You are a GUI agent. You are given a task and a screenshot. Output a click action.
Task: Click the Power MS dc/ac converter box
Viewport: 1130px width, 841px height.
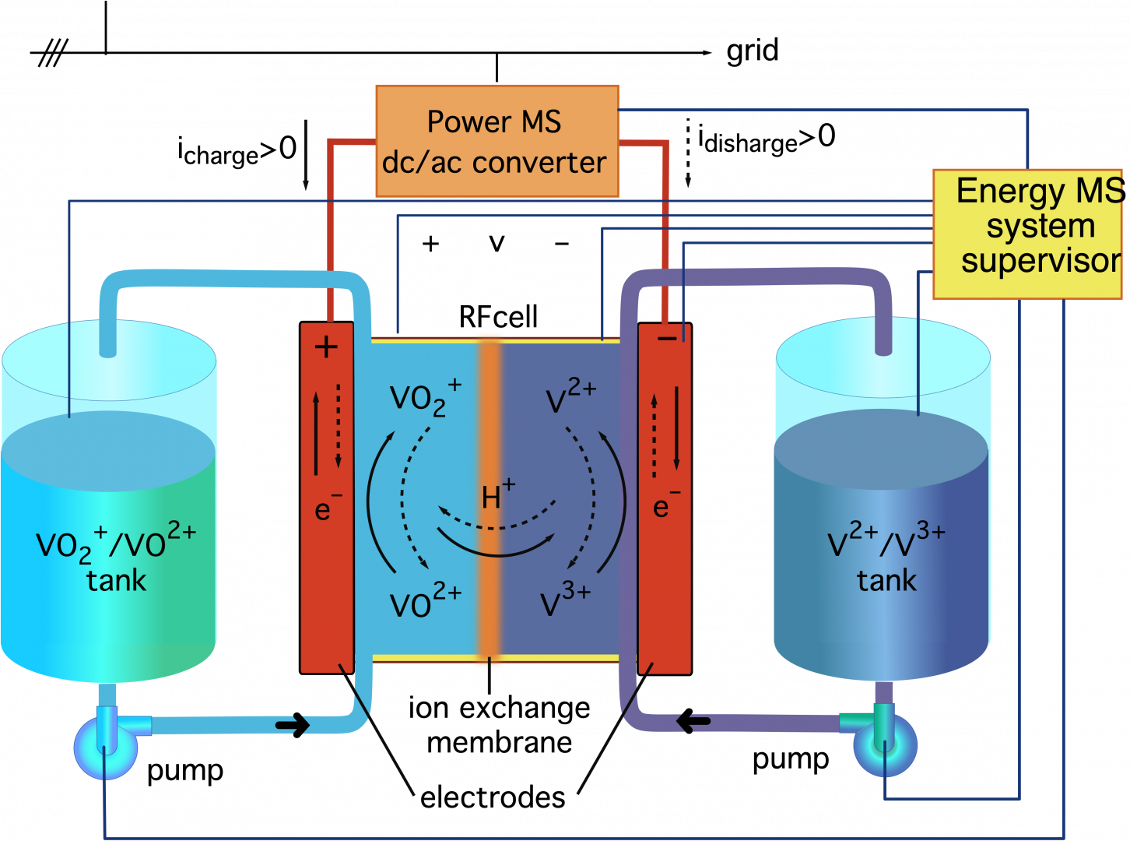click(x=497, y=141)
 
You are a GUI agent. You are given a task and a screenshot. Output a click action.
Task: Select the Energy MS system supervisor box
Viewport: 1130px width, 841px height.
click(x=1027, y=234)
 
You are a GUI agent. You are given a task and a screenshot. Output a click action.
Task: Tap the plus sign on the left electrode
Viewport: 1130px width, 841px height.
click(x=327, y=347)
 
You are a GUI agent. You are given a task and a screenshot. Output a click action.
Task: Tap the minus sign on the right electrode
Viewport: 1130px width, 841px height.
click(x=667, y=338)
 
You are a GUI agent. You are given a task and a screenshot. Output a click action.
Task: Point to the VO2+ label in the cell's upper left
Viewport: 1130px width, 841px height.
click(x=425, y=397)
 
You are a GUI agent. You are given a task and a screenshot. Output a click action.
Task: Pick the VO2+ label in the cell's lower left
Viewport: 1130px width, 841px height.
click(x=425, y=601)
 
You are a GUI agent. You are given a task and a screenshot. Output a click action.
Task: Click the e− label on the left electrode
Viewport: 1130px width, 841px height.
click(x=328, y=508)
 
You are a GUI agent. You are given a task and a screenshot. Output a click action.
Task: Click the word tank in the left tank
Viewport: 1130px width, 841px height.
click(x=116, y=581)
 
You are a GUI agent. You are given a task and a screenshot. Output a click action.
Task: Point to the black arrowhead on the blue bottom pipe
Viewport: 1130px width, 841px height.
click(x=294, y=726)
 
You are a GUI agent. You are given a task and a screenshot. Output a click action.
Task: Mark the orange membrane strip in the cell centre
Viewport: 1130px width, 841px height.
click(x=490, y=498)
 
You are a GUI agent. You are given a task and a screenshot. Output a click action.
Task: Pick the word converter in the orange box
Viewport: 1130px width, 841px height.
click(x=539, y=163)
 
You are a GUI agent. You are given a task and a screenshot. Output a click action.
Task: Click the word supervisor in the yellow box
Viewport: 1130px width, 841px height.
click(x=1041, y=261)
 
